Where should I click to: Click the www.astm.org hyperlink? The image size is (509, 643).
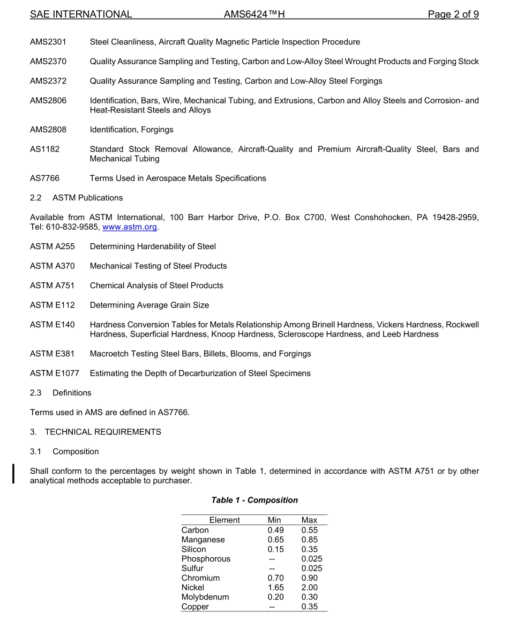click(x=130, y=227)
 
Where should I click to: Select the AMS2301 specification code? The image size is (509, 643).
click(x=48, y=42)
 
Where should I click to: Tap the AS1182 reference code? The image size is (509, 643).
click(x=45, y=149)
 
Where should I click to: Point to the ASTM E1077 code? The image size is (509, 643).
click(x=54, y=373)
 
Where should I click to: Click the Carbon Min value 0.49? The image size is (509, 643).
click(x=276, y=530)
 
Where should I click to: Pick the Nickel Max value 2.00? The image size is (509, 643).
click(x=309, y=588)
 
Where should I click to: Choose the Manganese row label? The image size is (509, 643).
click(x=203, y=540)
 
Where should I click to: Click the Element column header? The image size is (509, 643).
click(x=224, y=520)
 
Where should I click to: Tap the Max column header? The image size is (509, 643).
click(x=309, y=520)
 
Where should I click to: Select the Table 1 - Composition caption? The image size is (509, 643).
click(x=254, y=500)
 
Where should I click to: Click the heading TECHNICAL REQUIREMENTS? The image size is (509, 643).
click(x=103, y=432)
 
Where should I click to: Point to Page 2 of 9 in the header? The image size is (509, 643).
click(x=453, y=14)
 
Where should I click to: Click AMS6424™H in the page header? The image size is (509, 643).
click(x=254, y=14)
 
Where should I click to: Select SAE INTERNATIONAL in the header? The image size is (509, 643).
click(x=81, y=14)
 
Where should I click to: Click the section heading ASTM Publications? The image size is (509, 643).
click(x=87, y=198)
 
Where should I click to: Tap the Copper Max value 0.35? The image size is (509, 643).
click(x=309, y=607)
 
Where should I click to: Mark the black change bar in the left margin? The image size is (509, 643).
click(x=14, y=475)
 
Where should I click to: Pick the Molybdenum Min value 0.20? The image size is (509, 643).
click(x=276, y=597)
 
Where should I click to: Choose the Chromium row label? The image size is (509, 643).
click(x=200, y=578)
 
